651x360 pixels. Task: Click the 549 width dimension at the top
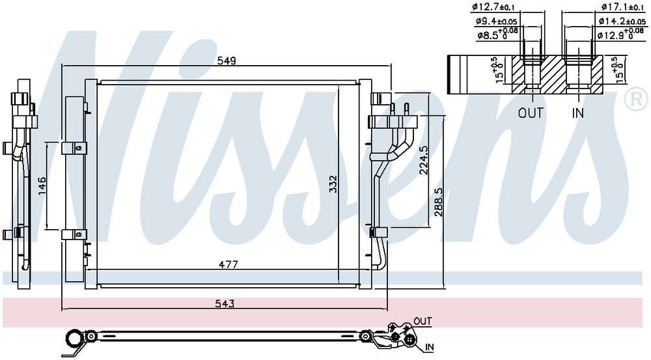[x=227, y=61]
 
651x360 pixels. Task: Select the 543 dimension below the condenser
[x=225, y=303]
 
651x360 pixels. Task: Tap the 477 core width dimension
[x=229, y=264]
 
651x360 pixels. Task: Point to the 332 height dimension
[x=333, y=184]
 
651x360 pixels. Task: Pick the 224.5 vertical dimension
[x=424, y=160]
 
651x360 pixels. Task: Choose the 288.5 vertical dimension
[x=439, y=202]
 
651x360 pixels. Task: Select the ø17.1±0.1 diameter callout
[x=622, y=7]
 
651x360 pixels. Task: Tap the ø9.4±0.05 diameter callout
[x=496, y=21]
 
